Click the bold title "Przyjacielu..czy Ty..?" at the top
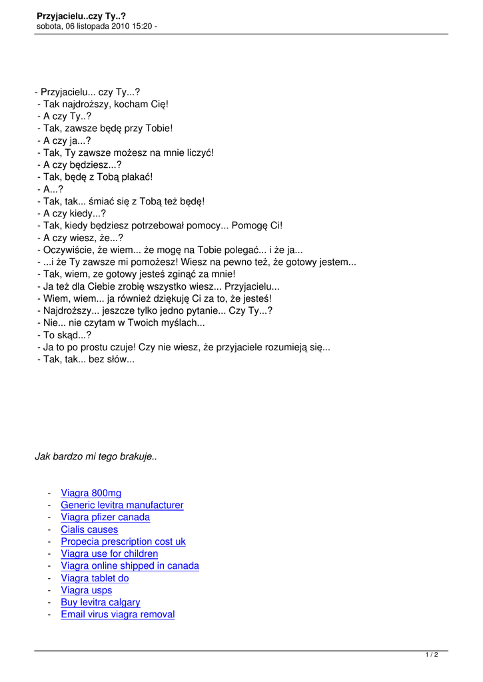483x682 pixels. point(81,15)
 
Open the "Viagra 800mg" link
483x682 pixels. point(91,493)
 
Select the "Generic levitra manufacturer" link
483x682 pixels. point(122,506)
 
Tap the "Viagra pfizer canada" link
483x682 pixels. point(105,517)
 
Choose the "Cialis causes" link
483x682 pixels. point(89,529)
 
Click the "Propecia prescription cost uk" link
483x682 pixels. point(123,541)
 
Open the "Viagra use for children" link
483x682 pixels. point(109,553)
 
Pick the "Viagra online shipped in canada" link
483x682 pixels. point(130,566)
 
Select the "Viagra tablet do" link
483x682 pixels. point(95,578)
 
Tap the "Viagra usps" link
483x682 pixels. point(86,590)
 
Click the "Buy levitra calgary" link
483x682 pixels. point(101,602)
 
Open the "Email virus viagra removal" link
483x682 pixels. point(118,614)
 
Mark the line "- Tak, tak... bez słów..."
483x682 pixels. point(86,359)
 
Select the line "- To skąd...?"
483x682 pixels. point(65,335)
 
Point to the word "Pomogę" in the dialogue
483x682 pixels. point(250,226)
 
